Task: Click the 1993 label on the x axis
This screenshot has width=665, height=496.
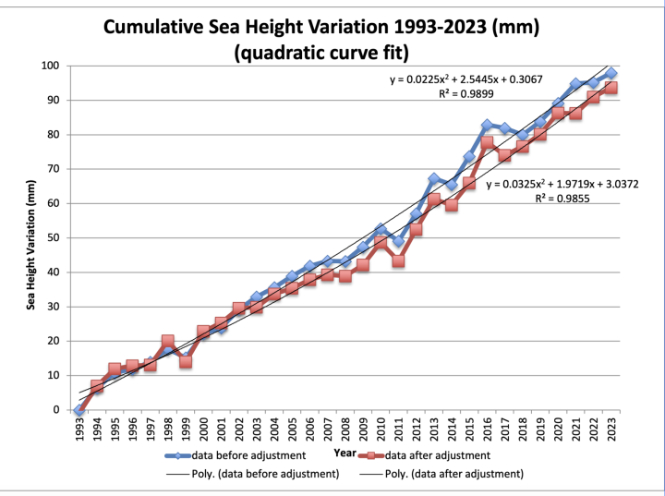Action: pos(79,429)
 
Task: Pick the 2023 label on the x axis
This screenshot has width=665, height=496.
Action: pos(611,429)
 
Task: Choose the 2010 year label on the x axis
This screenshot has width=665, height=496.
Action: pos(380,429)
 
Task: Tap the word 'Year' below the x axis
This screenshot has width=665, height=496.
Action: pos(344,453)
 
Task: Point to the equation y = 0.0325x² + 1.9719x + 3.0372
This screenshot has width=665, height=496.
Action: pos(563,184)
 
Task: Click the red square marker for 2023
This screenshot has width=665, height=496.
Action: pos(611,88)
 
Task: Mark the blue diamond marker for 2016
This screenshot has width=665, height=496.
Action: pos(487,125)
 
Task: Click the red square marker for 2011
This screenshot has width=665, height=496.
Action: pos(398,261)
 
